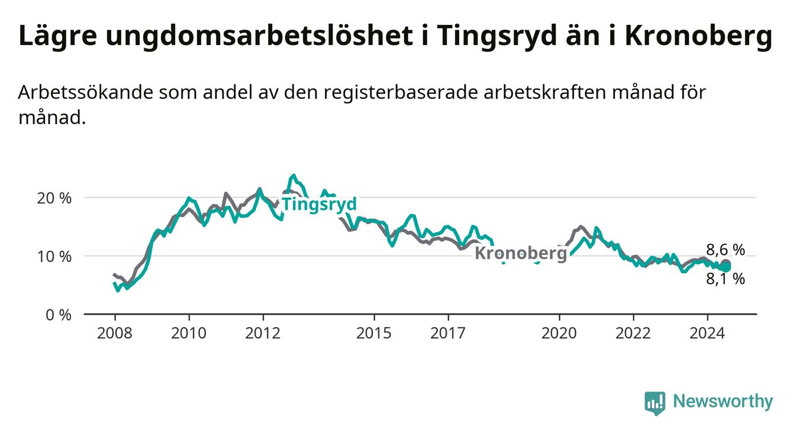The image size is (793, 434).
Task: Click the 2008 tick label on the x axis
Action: pyautogui.click(x=114, y=333)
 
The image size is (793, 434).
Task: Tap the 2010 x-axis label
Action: pyautogui.click(x=189, y=333)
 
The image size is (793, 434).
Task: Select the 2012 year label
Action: pyautogui.click(x=263, y=333)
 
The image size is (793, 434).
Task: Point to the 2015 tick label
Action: pyautogui.click(x=374, y=333)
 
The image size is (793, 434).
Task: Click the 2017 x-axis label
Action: pyautogui.click(x=448, y=333)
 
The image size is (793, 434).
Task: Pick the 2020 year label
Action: pyautogui.click(x=559, y=333)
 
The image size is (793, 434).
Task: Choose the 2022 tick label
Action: pyautogui.click(x=633, y=333)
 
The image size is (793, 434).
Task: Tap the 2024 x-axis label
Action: pyautogui.click(x=707, y=333)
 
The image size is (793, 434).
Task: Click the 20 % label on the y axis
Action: pyautogui.click(x=54, y=199)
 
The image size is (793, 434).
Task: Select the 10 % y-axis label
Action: pyautogui.click(x=54, y=257)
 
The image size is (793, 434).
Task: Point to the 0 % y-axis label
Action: pyautogui.click(x=59, y=315)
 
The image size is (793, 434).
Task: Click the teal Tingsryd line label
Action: pyautogui.click(x=320, y=205)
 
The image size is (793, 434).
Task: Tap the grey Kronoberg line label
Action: pyautogui.click(x=521, y=253)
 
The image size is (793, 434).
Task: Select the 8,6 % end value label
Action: pyautogui.click(x=726, y=250)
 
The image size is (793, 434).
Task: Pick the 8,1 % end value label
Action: pyautogui.click(x=726, y=279)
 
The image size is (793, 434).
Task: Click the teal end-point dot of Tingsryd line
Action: pyautogui.click(x=726, y=267)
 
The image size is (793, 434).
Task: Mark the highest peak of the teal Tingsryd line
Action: pyautogui.click(x=293, y=175)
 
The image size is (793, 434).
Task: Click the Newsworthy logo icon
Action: pyautogui.click(x=655, y=403)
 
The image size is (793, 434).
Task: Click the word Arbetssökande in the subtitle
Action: pyautogui.click(x=85, y=92)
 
